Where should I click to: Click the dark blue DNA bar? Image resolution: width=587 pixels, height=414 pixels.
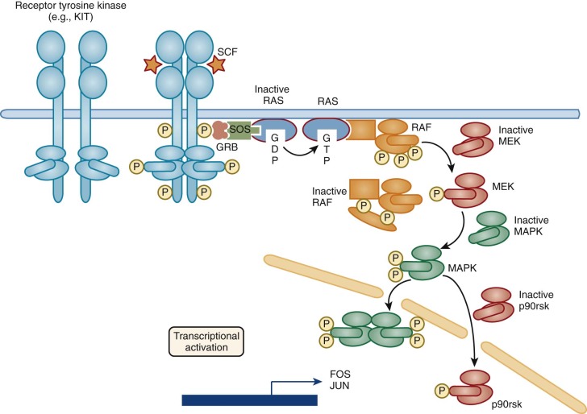(x=249, y=400)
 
